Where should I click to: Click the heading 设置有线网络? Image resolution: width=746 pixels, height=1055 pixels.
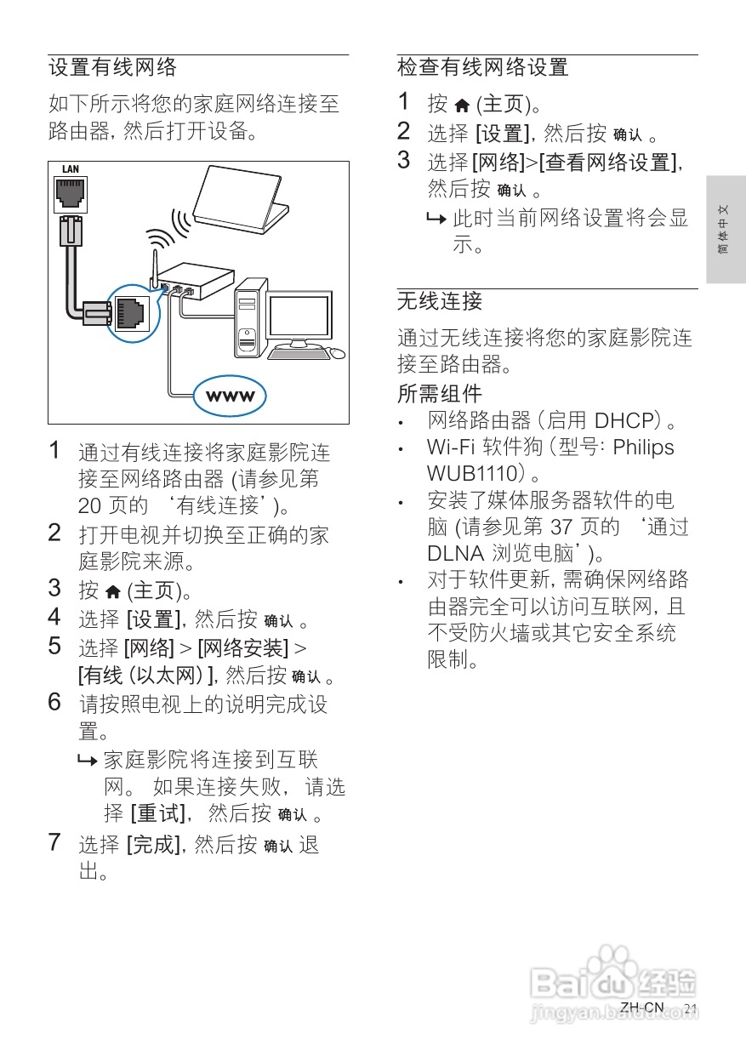pyautogui.click(x=112, y=67)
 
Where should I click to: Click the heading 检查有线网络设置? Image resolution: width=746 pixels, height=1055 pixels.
pyautogui.click(x=482, y=67)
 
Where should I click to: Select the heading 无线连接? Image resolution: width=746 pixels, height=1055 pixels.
pyautogui.click(x=439, y=301)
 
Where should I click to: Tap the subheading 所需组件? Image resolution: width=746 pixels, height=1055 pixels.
pyautogui.click(x=439, y=394)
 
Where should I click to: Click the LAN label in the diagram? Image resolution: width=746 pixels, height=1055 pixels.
pyautogui.click(x=70, y=169)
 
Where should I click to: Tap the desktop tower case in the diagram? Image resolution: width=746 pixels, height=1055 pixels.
pyautogui.click(x=248, y=318)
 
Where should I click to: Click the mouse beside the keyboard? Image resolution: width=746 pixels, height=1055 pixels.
pyautogui.click(x=337, y=352)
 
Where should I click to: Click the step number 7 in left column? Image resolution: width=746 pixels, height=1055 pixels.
pyautogui.click(x=54, y=843)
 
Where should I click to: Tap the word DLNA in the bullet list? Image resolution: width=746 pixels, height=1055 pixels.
pyautogui.click(x=453, y=553)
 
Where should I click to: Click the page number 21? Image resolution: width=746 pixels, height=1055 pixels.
pyautogui.click(x=690, y=1009)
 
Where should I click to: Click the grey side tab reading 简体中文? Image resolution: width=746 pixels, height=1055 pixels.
pyautogui.click(x=724, y=230)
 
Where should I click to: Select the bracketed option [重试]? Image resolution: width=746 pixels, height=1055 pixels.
pyautogui.click(x=157, y=813)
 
